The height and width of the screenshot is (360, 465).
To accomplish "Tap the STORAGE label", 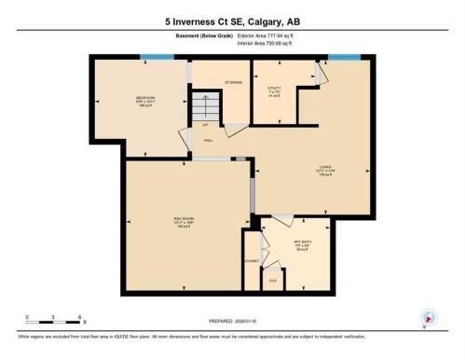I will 233,82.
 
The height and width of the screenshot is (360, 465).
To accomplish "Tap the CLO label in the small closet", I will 273,280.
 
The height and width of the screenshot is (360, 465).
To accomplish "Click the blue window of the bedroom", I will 150,58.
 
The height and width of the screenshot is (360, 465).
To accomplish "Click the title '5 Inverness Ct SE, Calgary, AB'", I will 232,20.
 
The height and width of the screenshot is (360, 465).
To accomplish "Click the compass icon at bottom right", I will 428,317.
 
